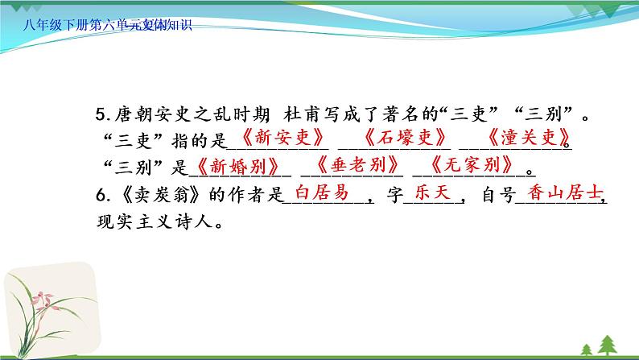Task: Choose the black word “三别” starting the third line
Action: click(130, 166)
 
